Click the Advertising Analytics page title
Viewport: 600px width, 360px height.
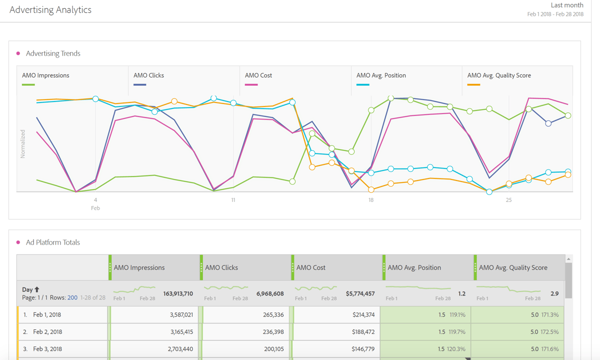(x=50, y=10)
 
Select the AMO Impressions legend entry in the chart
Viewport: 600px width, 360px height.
(x=45, y=75)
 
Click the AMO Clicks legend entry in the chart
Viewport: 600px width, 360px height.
(x=148, y=75)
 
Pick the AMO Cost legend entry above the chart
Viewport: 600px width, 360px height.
(x=258, y=75)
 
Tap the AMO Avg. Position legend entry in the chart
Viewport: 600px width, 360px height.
(x=381, y=75)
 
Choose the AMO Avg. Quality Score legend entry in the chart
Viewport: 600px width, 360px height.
(x=499, y=75)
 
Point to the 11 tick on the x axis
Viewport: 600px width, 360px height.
(x=233, y=200)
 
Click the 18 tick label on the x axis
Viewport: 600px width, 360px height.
(x=371, y=200)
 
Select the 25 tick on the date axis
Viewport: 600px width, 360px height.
(x=508, y=200)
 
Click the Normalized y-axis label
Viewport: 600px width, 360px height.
(x=22, y=144)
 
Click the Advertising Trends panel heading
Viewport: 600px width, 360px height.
(x=53, y=53)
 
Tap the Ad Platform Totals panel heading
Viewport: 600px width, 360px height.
(x=53, y=242)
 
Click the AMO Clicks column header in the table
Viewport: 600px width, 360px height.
(x=221, y=267)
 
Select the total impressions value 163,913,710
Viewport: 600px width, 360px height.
(x=178, y=293)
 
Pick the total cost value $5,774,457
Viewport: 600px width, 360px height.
(x=359, y=293)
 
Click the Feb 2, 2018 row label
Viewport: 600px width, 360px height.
(x=47, y=332)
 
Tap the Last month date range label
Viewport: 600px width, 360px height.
(x=567, y=5)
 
